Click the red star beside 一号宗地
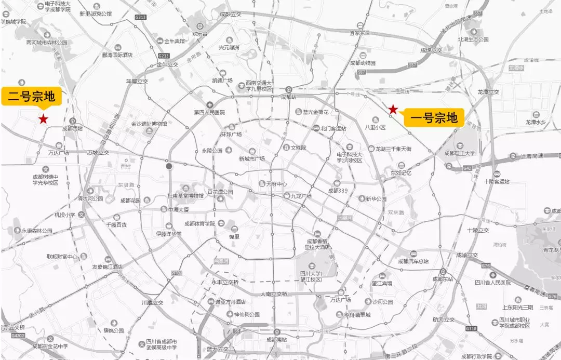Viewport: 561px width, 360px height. [x=394, y=110]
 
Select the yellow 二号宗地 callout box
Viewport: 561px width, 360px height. [x=31, y=96]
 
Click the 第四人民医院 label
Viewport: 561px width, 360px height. [x=209, y=112]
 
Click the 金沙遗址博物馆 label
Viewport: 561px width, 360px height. [x=149, y=124]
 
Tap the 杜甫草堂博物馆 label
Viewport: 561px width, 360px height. [x=185, y=195]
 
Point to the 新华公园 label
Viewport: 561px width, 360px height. [x=376, y=199]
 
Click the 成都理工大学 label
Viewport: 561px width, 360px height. [x=459, y=153]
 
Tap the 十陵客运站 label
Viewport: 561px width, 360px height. [x=496, y=181]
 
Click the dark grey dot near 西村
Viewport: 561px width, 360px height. [x=169, y=167]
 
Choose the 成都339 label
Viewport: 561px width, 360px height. [x=340, y=190]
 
